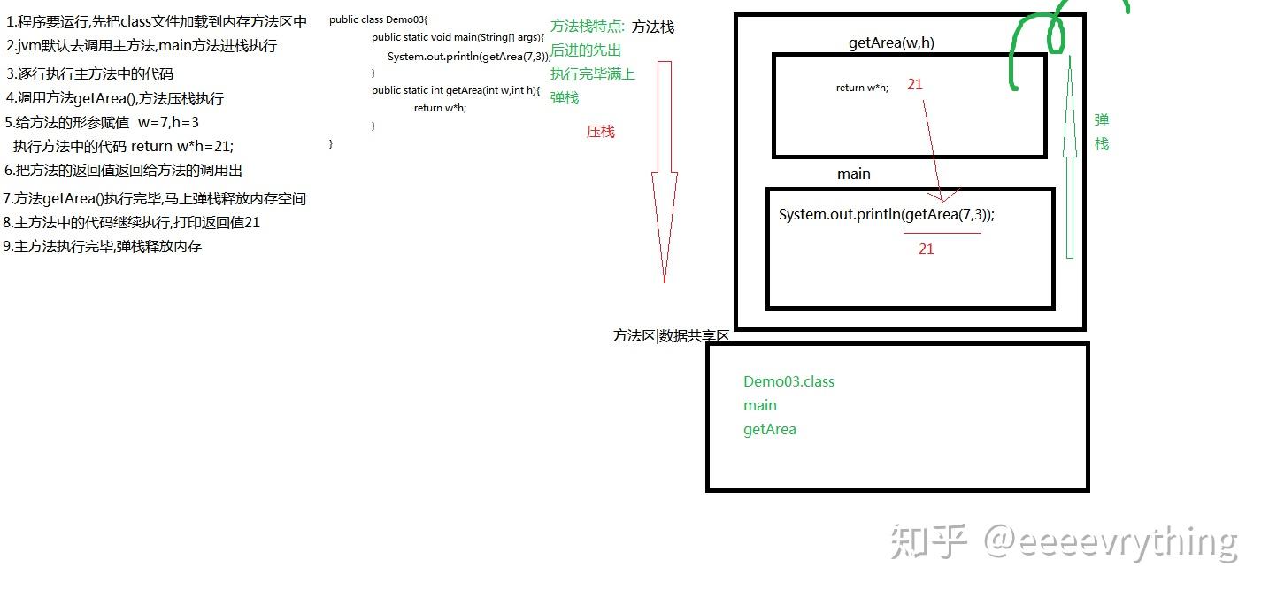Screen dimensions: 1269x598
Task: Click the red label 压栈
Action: coord(600,132)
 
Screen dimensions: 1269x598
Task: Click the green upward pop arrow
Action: coord(1069,159)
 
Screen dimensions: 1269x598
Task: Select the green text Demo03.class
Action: coord(788,381)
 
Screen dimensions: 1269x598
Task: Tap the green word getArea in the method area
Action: coord(769,429)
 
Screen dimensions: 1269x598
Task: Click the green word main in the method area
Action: coord(759,405)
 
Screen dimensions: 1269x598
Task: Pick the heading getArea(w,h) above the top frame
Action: coord(891,43)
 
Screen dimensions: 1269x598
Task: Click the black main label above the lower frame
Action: coord(853,173)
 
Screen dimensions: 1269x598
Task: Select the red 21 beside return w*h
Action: coord(915,85)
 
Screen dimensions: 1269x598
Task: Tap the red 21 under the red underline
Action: coord(926,249)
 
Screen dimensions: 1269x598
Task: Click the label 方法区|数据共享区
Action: coord(671,336)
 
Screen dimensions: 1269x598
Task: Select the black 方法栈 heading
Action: coord(653,27)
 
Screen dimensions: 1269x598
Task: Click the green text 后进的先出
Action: coord(586,50)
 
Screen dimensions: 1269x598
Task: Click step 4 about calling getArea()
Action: coord(114,98)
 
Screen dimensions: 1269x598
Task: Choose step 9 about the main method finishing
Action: coord(103,246)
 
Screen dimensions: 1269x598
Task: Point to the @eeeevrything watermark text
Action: coord(1111,540)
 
